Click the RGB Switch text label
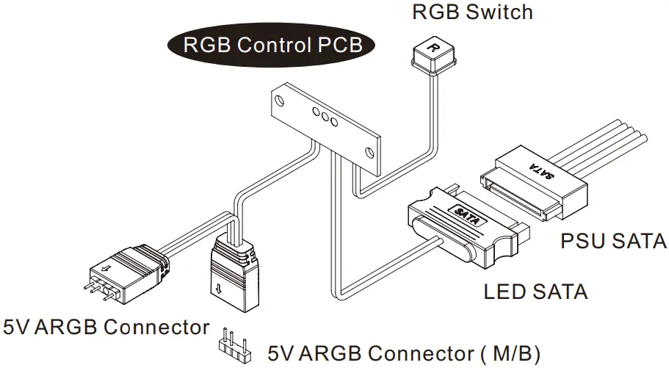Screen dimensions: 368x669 (472, 12)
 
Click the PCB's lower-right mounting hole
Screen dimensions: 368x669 (372, 154)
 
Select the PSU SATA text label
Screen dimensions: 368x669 (613, 242)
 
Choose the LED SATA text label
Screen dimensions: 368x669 (535, 292)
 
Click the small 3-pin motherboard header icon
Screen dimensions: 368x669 (232, 345)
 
